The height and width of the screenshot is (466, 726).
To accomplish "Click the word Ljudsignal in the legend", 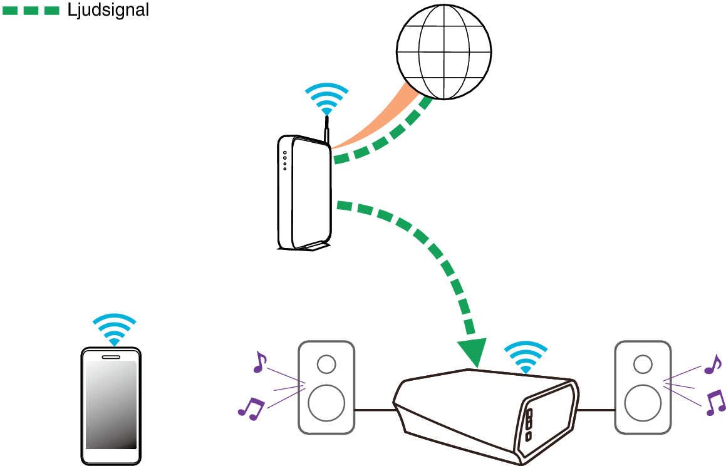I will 108,10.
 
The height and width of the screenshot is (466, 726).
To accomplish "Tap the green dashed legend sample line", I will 31,10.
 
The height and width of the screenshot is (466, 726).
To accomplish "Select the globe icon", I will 443,52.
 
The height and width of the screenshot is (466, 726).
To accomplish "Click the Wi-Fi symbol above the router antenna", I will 326,98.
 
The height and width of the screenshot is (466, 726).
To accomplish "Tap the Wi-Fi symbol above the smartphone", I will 114,329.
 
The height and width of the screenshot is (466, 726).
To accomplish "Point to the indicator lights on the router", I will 284,160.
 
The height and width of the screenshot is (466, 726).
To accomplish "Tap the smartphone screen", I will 111,404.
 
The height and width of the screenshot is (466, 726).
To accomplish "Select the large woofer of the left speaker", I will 326,403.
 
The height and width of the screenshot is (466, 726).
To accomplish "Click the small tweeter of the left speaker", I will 326,364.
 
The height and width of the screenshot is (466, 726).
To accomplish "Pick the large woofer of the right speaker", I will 642,403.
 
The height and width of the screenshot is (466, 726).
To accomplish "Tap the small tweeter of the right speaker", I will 642,364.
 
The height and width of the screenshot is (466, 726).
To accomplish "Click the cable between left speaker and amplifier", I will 374,410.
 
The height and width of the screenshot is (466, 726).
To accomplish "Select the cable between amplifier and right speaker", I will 596,410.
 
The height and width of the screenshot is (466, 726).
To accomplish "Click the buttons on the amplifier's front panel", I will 529,424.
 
